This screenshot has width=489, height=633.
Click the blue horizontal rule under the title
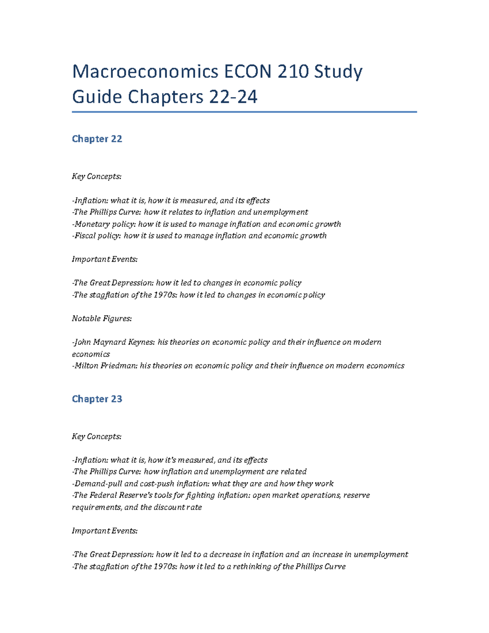pos(244,112)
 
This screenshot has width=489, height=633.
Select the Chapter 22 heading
pos(97,139)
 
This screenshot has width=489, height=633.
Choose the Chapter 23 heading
pos(97,399)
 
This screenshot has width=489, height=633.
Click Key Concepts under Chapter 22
pos(97,176)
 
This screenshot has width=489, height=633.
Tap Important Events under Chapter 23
pos(105,531)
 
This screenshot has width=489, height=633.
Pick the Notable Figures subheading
pos(102,319)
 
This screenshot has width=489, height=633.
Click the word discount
pos(170,507)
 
